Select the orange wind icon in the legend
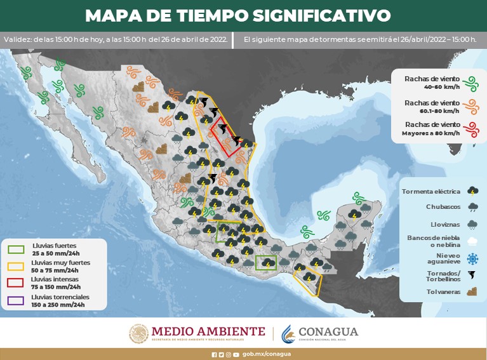[470, 106]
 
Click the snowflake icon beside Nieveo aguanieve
[472, 258]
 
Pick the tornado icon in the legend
[472, 275]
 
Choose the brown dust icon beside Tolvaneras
[472, 292]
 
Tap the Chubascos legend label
[443, 207]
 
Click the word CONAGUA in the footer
[328, 331]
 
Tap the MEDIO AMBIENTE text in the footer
[208, 331]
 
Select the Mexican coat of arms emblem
[138, 333]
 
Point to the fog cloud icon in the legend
[472, 241]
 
